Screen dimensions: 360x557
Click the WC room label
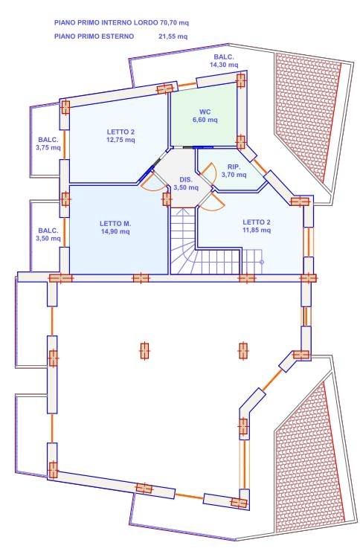tap(205, 112)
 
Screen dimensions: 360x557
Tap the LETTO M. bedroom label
tap(115, 224)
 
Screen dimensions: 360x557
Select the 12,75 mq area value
tap(120, 140)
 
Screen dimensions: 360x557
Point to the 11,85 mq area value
tap(257, 231)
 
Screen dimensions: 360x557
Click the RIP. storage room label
tap(234, 167)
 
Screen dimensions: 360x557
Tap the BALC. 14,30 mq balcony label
tap(224, 61)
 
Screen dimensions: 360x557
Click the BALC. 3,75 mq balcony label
tap(48, 144)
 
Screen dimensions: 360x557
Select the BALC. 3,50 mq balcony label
tap(48, 234)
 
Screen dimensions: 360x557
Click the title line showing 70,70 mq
tap(121, 23)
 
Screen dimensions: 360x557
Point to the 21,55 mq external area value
tap(173, 36)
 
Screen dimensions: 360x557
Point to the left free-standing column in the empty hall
tap(144, 351)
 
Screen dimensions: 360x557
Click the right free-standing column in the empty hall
tap(243, 351)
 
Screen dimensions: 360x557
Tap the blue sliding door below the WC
tap(202, 147)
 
